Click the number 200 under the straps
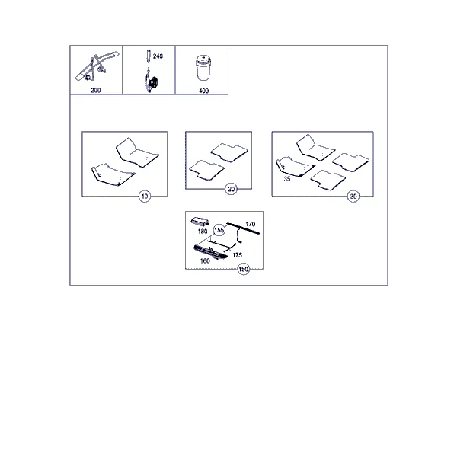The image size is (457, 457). tap(96, 91)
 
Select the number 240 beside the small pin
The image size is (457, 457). tap(158, 56)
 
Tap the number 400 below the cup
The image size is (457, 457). tap(203, 91)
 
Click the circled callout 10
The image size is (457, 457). tap(145, 197)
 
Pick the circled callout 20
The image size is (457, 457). tap(231, 189)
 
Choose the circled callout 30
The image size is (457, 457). tap(353, 197)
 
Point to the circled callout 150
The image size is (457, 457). tap(244, 269)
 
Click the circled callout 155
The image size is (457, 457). tap(219, 230)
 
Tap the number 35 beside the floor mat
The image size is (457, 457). tap(287, 179)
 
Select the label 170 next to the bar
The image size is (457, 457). tap(251, 224)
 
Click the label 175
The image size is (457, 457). tap(237, 255)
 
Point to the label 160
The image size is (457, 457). tap(205, 260)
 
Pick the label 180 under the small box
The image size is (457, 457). tap(203, 232)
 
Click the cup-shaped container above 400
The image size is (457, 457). tap(203, 68)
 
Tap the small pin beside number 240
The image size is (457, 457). tap(149, 56)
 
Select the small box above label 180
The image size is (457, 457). tap(200, 222)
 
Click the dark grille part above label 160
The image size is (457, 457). tap(211, 252)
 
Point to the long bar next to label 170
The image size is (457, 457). tap(244, 228)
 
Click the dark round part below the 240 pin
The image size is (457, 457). tap(152, 83)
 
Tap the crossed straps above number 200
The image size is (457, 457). tap(97, 66)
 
